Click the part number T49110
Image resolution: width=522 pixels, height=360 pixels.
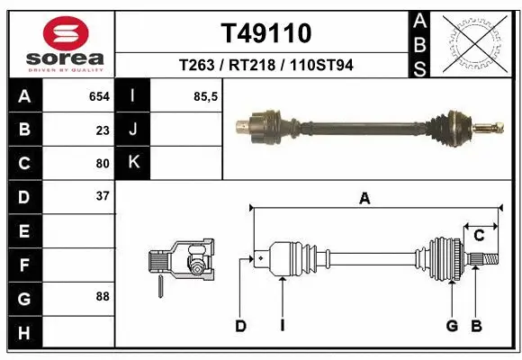click(265, 33)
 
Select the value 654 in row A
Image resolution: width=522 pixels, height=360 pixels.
click(99, 96)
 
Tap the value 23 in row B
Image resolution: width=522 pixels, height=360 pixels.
click(103, 130)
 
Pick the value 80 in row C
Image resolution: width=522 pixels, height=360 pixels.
click(103, 163)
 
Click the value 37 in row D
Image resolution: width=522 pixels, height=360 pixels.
click(103, 195)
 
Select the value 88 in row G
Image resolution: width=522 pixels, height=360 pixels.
click(103, 295)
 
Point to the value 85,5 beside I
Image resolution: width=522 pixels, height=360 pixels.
click(206, 96)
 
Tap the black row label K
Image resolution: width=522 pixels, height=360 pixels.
click(133, 163)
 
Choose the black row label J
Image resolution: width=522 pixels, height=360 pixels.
click(133, 130)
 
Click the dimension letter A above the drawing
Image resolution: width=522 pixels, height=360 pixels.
click(364, 199)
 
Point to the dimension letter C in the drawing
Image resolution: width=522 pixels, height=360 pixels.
click(479, 236)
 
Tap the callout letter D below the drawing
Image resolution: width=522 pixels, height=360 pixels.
click(240, 326)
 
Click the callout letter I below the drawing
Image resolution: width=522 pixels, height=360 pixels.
click(282, 326)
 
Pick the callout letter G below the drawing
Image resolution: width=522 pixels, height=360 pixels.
click(452, 326)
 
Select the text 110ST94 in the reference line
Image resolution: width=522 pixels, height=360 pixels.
click(319, 65)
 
